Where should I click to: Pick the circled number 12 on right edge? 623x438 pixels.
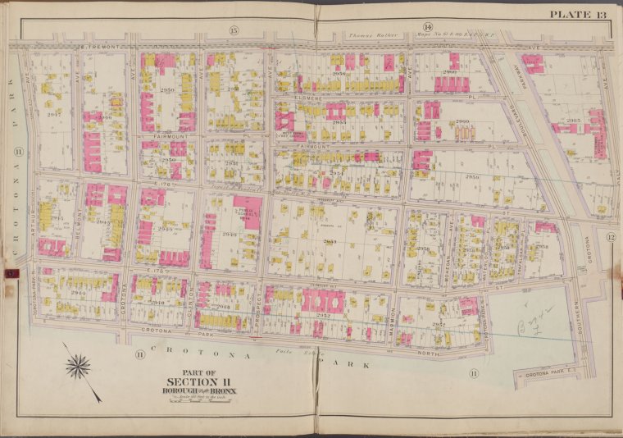610,237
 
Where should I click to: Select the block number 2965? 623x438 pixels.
573,120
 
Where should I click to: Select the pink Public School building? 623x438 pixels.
244,212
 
